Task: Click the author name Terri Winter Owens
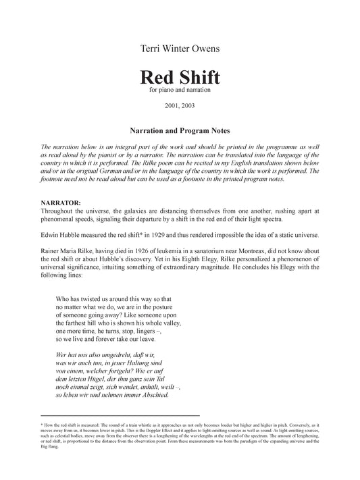[x=180, y=49]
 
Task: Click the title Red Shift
[x=180, y=78]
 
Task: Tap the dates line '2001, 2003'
[x=180, y=106]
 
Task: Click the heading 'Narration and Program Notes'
[x=180, y=126]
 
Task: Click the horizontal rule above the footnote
[x=120, y=416]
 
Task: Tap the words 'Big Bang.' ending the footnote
[x=50, y=448]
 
